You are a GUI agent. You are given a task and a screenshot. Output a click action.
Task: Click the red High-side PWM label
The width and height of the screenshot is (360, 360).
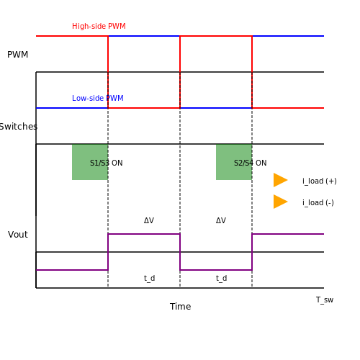tap(99, 26)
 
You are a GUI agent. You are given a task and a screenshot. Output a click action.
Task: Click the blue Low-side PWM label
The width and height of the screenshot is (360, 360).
tap(98, 98)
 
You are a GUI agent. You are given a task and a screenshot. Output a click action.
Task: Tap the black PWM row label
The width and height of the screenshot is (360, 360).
tap(18, 55)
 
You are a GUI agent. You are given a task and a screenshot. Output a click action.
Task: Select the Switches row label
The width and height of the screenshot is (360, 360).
tap(19, 127)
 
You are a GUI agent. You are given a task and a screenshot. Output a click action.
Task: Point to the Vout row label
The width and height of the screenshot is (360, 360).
tap(18, 235)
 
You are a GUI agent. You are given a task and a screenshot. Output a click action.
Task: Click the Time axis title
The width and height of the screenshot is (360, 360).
tap(180, 307)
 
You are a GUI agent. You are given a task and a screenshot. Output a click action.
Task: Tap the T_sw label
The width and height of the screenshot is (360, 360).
tap(325, 300)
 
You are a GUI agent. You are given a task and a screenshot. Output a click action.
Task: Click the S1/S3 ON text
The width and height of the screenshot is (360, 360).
tap(107, 163)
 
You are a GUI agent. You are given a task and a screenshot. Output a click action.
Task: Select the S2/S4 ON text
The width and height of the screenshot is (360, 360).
tap(251, 163)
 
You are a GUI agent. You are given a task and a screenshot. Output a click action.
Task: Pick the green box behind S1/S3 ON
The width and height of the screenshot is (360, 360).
tap(90, 162)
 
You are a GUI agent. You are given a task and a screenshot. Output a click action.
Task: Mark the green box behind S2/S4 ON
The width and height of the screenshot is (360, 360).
tap(234, 162)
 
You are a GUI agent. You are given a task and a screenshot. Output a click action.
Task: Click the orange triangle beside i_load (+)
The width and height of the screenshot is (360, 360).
tap(281, 180)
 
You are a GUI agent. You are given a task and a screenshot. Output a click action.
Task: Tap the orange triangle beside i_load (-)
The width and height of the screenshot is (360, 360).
tap(281, 202)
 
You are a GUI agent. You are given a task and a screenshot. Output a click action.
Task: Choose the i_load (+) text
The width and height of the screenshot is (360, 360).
tap(320, 181)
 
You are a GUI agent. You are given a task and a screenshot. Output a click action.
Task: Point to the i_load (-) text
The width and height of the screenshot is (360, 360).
tap(318, 203)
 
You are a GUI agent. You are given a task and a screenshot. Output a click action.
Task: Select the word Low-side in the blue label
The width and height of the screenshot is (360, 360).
tap(88, 98)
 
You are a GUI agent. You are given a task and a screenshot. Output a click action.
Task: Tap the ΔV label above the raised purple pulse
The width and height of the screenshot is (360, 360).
tap(149, 220)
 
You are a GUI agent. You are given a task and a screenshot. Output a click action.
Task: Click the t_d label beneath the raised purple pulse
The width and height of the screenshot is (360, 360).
tap(149, 279)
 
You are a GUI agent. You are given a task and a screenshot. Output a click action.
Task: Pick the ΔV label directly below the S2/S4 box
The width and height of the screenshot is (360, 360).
tap(221, 220)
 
